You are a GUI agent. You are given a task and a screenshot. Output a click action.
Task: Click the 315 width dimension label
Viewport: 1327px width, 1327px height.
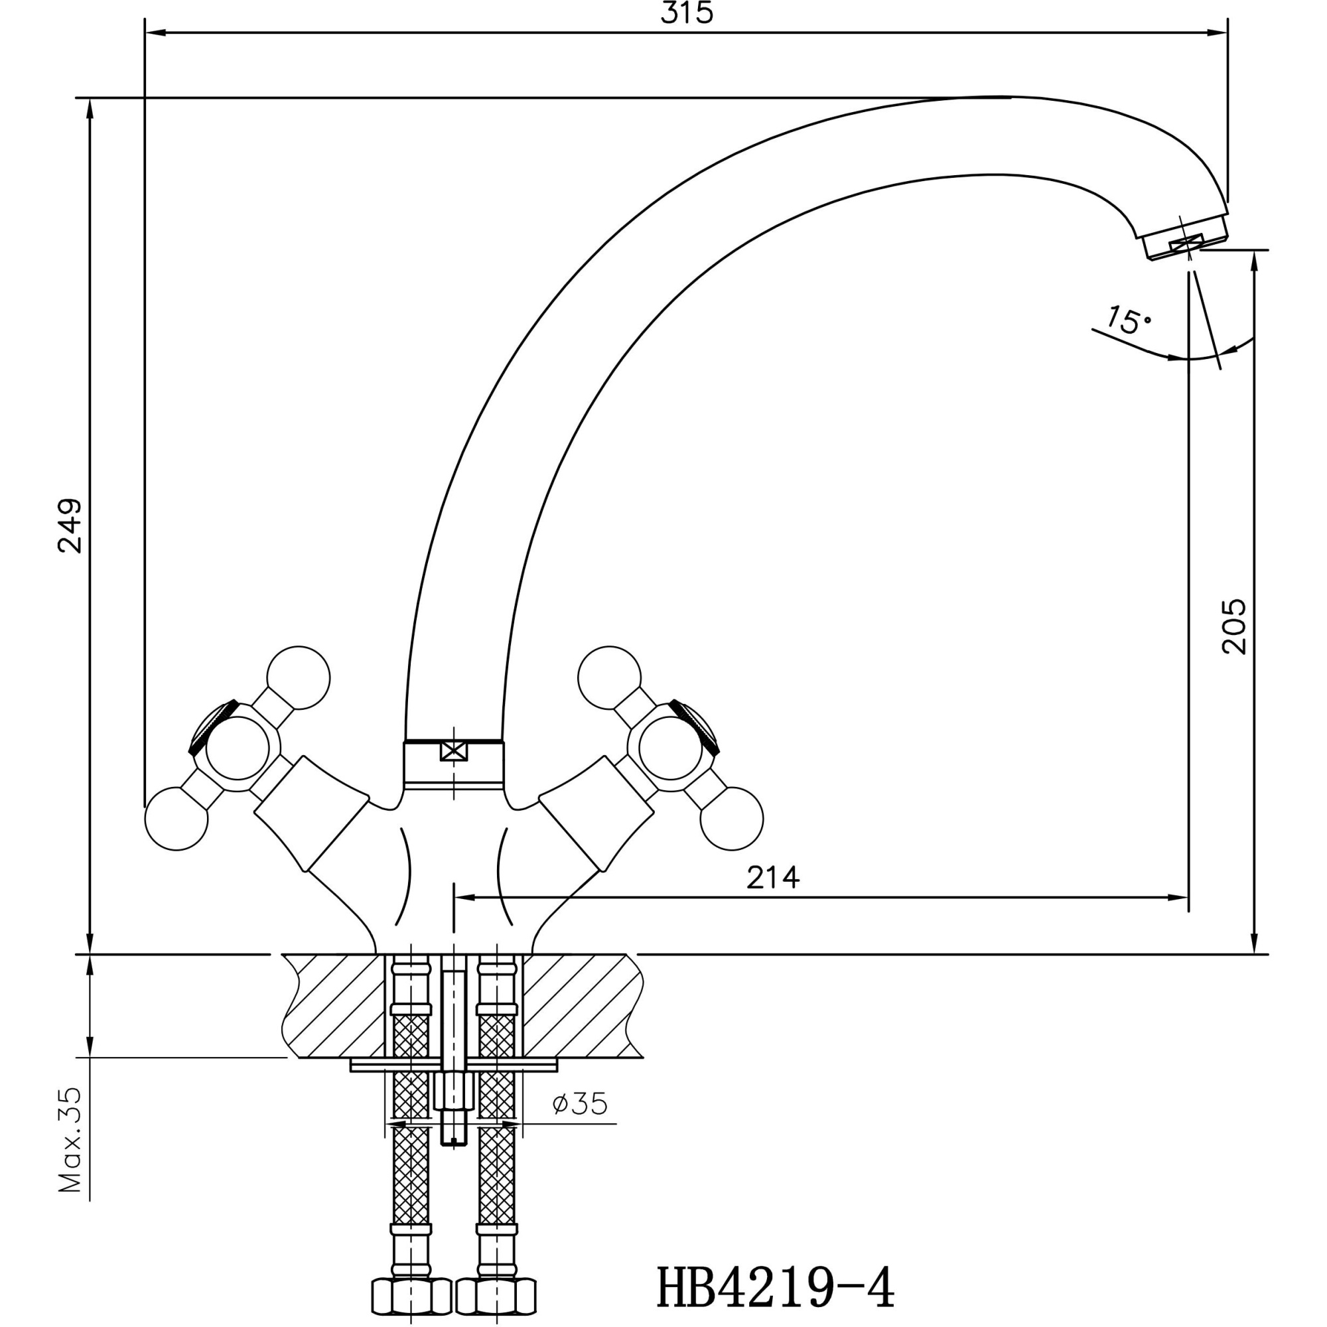(687, 15)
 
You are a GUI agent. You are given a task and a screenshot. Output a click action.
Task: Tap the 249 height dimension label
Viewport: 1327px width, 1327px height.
(70, 525)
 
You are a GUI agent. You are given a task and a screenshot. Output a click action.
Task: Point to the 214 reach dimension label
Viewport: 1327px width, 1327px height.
(774, 877)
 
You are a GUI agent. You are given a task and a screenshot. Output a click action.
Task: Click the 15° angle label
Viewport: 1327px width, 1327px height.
(1128, 319)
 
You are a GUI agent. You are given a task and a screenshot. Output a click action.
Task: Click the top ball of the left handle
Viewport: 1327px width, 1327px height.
(298, 677)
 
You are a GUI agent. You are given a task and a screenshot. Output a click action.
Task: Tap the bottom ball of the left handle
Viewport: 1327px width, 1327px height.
(176, 819)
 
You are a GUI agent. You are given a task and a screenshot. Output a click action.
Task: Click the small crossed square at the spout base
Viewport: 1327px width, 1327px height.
(453, 750)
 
